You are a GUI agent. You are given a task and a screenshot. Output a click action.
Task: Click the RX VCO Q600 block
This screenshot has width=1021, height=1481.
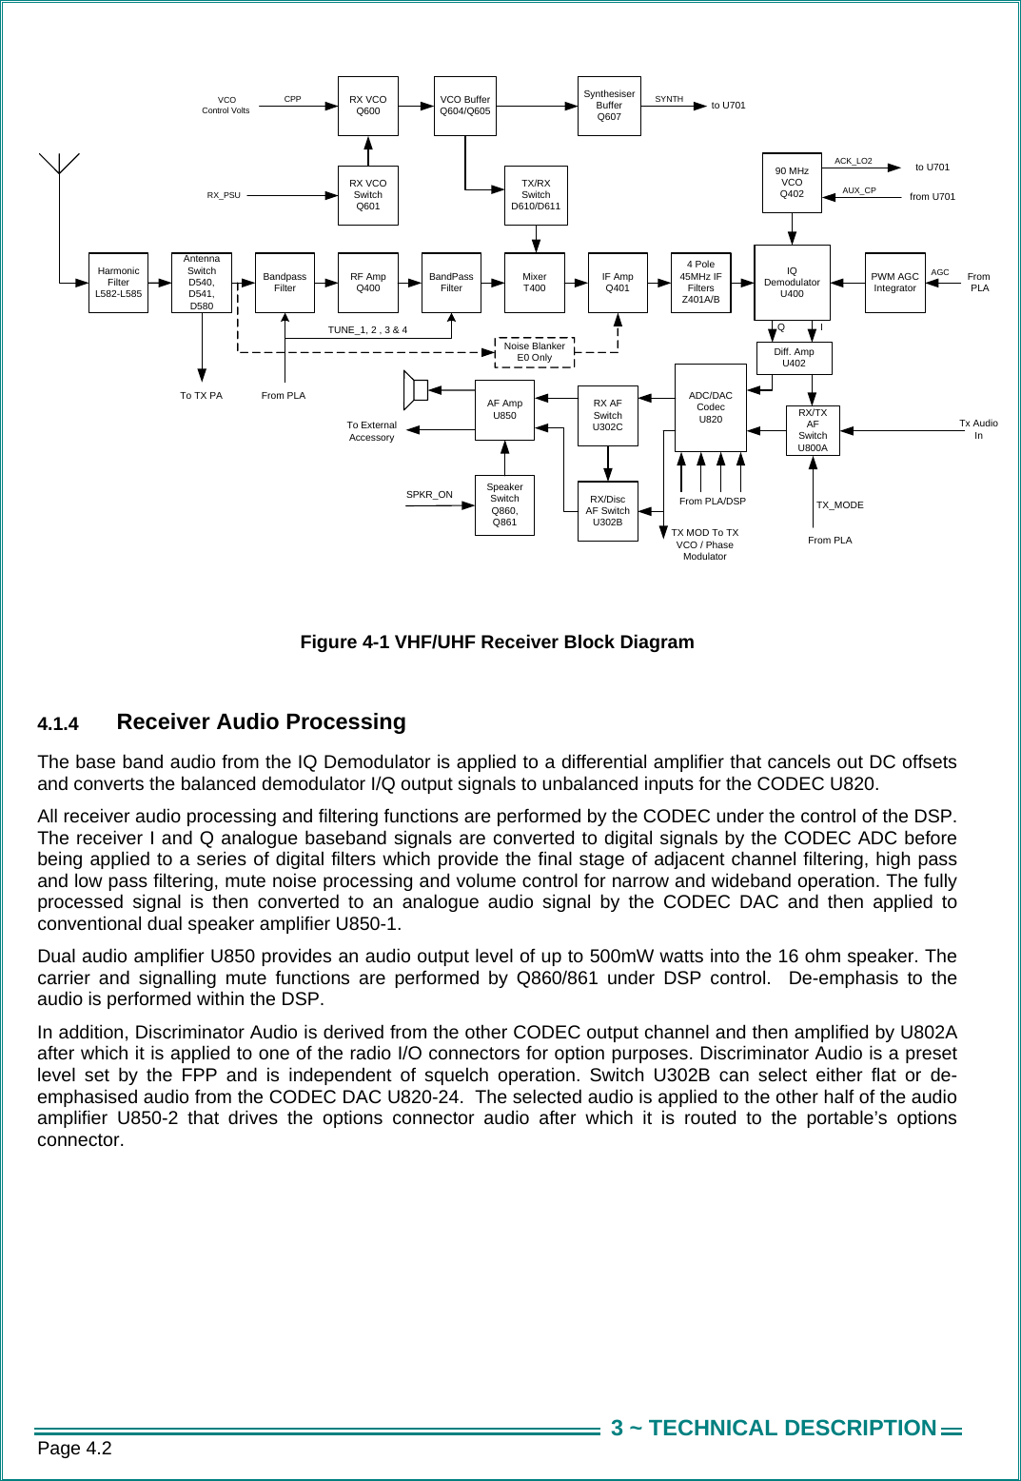pyautogui.click(x=368, y=106)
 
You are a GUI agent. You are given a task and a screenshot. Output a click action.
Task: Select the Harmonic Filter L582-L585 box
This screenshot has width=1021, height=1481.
pyautogui.click(x=118, y=283)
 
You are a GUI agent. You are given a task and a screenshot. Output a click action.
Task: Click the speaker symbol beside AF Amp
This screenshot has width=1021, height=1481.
pyautogui.click(x=416, y=390)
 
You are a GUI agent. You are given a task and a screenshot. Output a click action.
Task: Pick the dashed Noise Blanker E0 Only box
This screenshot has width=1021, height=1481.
pyautogui.click(x=535, y=352)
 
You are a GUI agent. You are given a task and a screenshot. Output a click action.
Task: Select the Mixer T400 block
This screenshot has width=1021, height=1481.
pyautogui.click(x=535, y=283)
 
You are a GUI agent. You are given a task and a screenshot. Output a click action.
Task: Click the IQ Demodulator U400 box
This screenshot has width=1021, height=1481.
pyautogui.click(x=792, y=283)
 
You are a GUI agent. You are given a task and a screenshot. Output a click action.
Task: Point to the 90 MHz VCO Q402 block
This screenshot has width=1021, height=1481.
pyautogui.click(x=792, y=183)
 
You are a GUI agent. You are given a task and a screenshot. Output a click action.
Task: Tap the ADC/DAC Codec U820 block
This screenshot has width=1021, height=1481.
pyautogui.click(x=710, y=407)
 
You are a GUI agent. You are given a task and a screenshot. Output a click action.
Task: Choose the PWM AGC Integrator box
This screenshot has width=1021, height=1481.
pyautogui.click(x=894, y=283)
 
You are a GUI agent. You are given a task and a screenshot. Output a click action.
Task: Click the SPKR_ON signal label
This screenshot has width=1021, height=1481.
pyautogui.click(x=429, y=495)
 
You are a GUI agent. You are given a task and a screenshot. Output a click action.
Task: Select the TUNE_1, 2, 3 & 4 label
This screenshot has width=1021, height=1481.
pyautogui.click(x=367, y=330)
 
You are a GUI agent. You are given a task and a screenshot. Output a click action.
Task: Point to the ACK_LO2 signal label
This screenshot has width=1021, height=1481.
pyautogui.click(x=853, y=161)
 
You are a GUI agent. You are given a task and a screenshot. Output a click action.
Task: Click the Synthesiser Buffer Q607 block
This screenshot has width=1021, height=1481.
pyautogui.click(x=609, y=106)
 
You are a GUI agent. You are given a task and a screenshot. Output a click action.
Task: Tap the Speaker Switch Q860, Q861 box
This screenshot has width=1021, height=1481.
pyautogui.click(x=504, y=504)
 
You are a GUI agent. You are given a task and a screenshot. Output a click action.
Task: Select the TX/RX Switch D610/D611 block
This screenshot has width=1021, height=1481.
pyautogui.click(x=536, y=195)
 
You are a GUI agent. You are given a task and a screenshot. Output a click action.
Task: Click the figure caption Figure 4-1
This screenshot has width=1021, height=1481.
pyautogui.click(x=497, y=642)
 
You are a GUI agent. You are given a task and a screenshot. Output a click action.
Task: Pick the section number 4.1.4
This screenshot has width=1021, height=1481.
pyautogui.click(x=58, y=724)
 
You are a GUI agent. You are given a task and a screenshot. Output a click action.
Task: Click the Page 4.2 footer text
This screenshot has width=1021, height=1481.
pyautogui.click(x=74, y=1449)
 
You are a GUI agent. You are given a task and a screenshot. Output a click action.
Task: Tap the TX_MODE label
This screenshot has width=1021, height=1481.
pyautogui.click(x=839, y=505)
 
